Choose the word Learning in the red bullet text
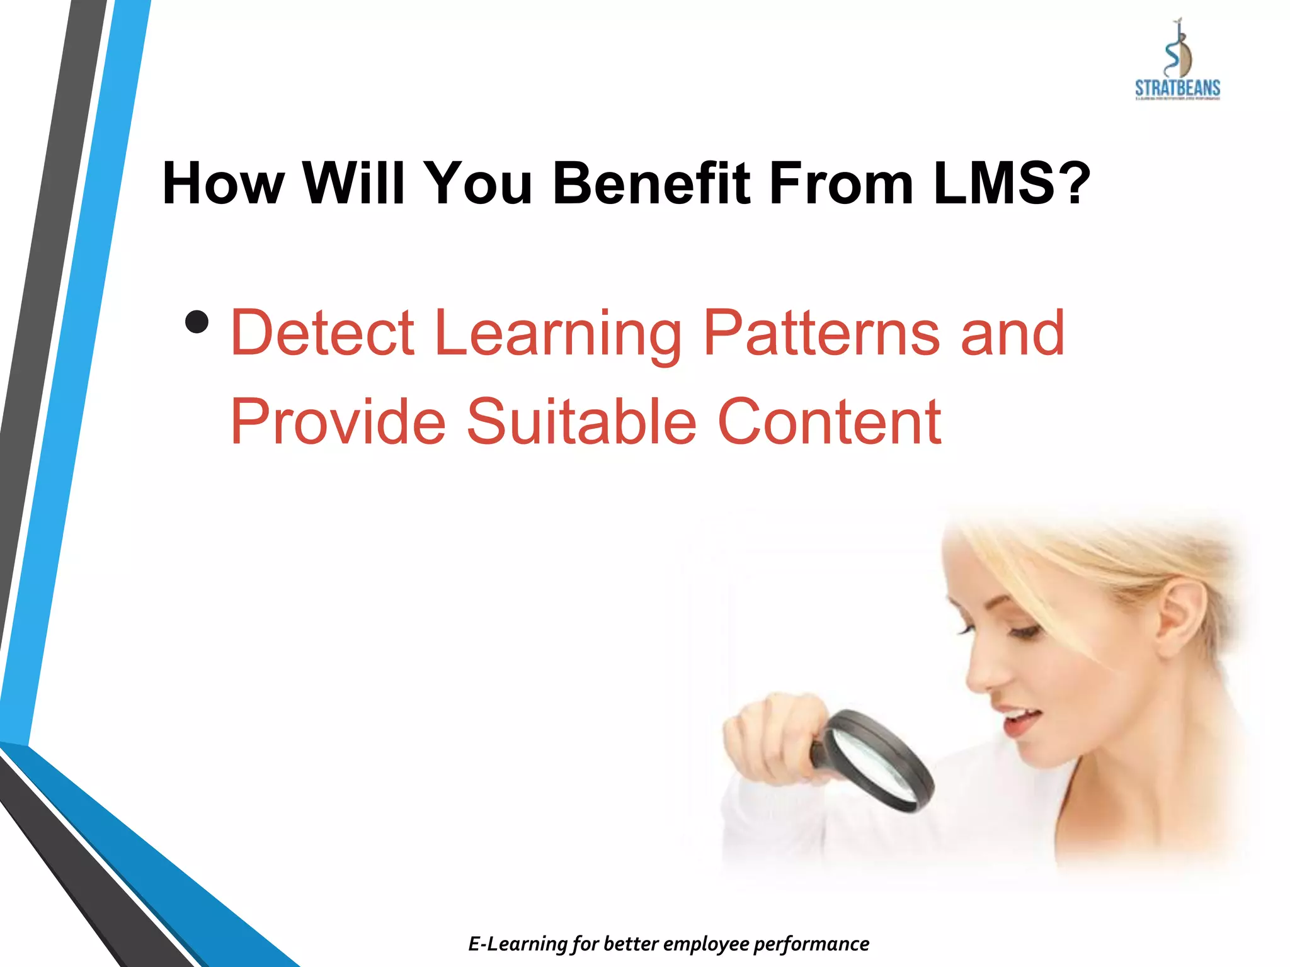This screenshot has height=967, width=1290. (558, 334)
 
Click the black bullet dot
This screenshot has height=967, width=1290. (197, 322)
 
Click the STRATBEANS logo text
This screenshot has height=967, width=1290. (1177, 88)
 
